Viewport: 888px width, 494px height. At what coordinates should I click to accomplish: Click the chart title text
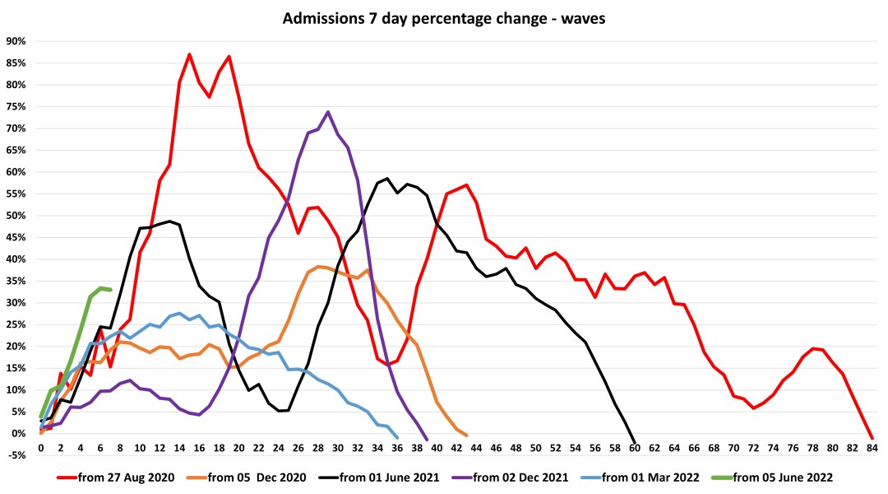coord(444,17)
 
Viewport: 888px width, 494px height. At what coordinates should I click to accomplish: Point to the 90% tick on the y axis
coord(16,41)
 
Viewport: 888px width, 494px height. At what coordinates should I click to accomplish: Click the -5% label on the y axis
coord(17,455)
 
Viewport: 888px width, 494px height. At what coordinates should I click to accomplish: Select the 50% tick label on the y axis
coord(16,216)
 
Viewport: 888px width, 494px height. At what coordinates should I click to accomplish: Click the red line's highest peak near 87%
coord(189,54)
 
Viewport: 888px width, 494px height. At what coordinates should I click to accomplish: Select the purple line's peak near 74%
coord(328,112)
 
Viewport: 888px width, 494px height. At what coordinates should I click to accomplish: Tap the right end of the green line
coord(110,290)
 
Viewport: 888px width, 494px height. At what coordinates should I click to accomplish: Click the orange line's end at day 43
coord(466,436)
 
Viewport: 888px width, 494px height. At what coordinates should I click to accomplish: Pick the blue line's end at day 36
coord(397,438)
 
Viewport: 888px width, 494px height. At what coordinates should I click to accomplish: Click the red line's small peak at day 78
coord(812,348)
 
